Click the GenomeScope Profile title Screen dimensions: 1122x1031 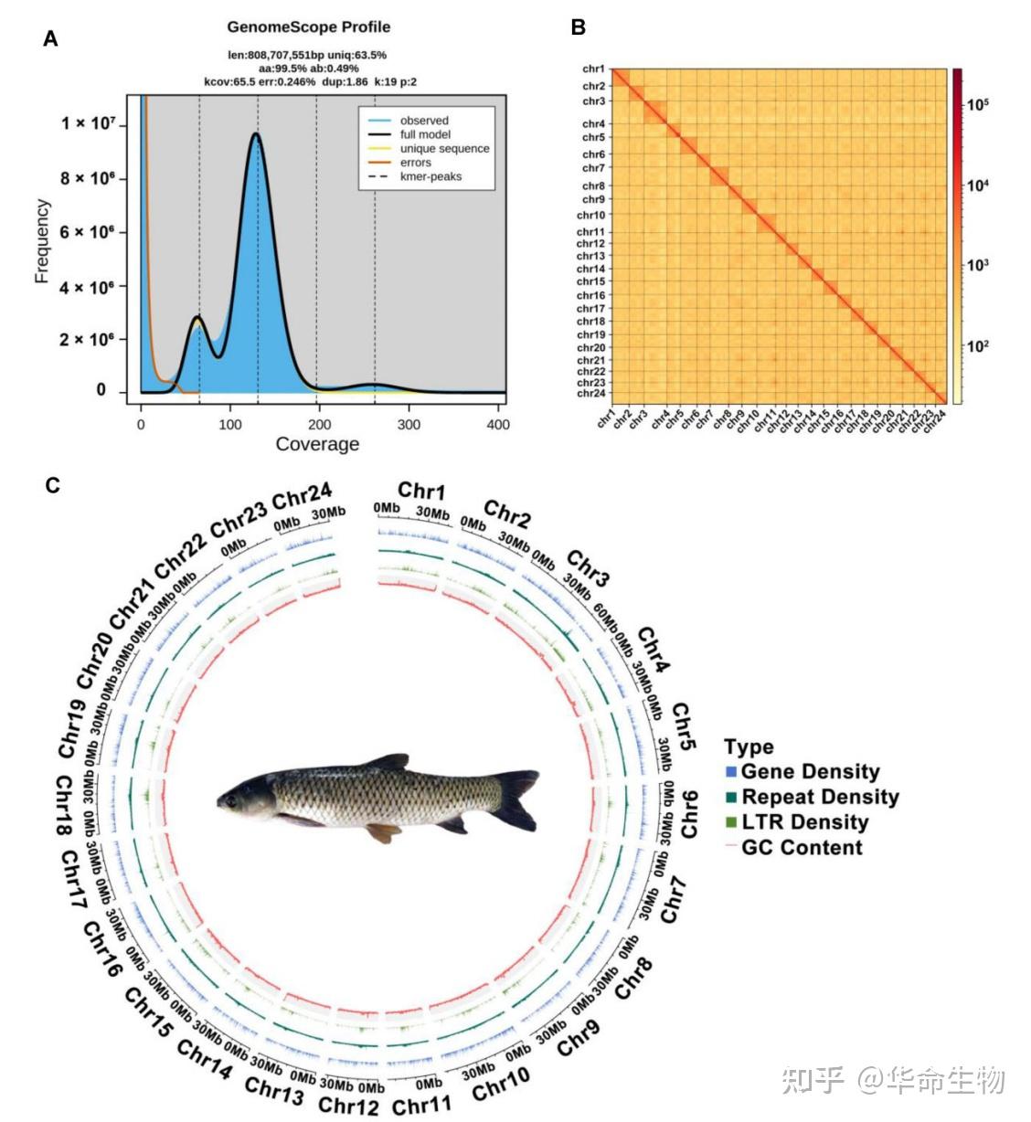coord(309,27)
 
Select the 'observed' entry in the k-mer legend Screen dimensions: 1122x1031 coord(423,121)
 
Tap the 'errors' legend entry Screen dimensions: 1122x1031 coord(415,163)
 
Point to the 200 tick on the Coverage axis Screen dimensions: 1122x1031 coord(319,425)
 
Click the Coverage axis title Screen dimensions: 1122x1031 coord(317,445)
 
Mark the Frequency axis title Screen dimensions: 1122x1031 coord(42,241)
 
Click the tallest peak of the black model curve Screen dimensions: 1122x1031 coord(256,134)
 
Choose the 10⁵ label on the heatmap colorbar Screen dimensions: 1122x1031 coord(978,104)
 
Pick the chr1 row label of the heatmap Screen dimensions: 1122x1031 coord(593,69)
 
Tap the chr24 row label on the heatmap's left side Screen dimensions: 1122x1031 coord(591,394)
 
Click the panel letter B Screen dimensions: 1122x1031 coord(578,27)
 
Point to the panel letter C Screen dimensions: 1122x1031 coord(53,485)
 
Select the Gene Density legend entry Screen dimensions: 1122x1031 coord(810,772)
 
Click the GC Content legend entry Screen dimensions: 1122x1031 coord(802,848)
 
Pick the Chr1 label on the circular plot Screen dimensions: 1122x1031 coord(421,492)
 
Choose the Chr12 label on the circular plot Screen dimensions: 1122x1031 coord(348,1106)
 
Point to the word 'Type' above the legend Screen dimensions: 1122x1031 coord(749,747)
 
